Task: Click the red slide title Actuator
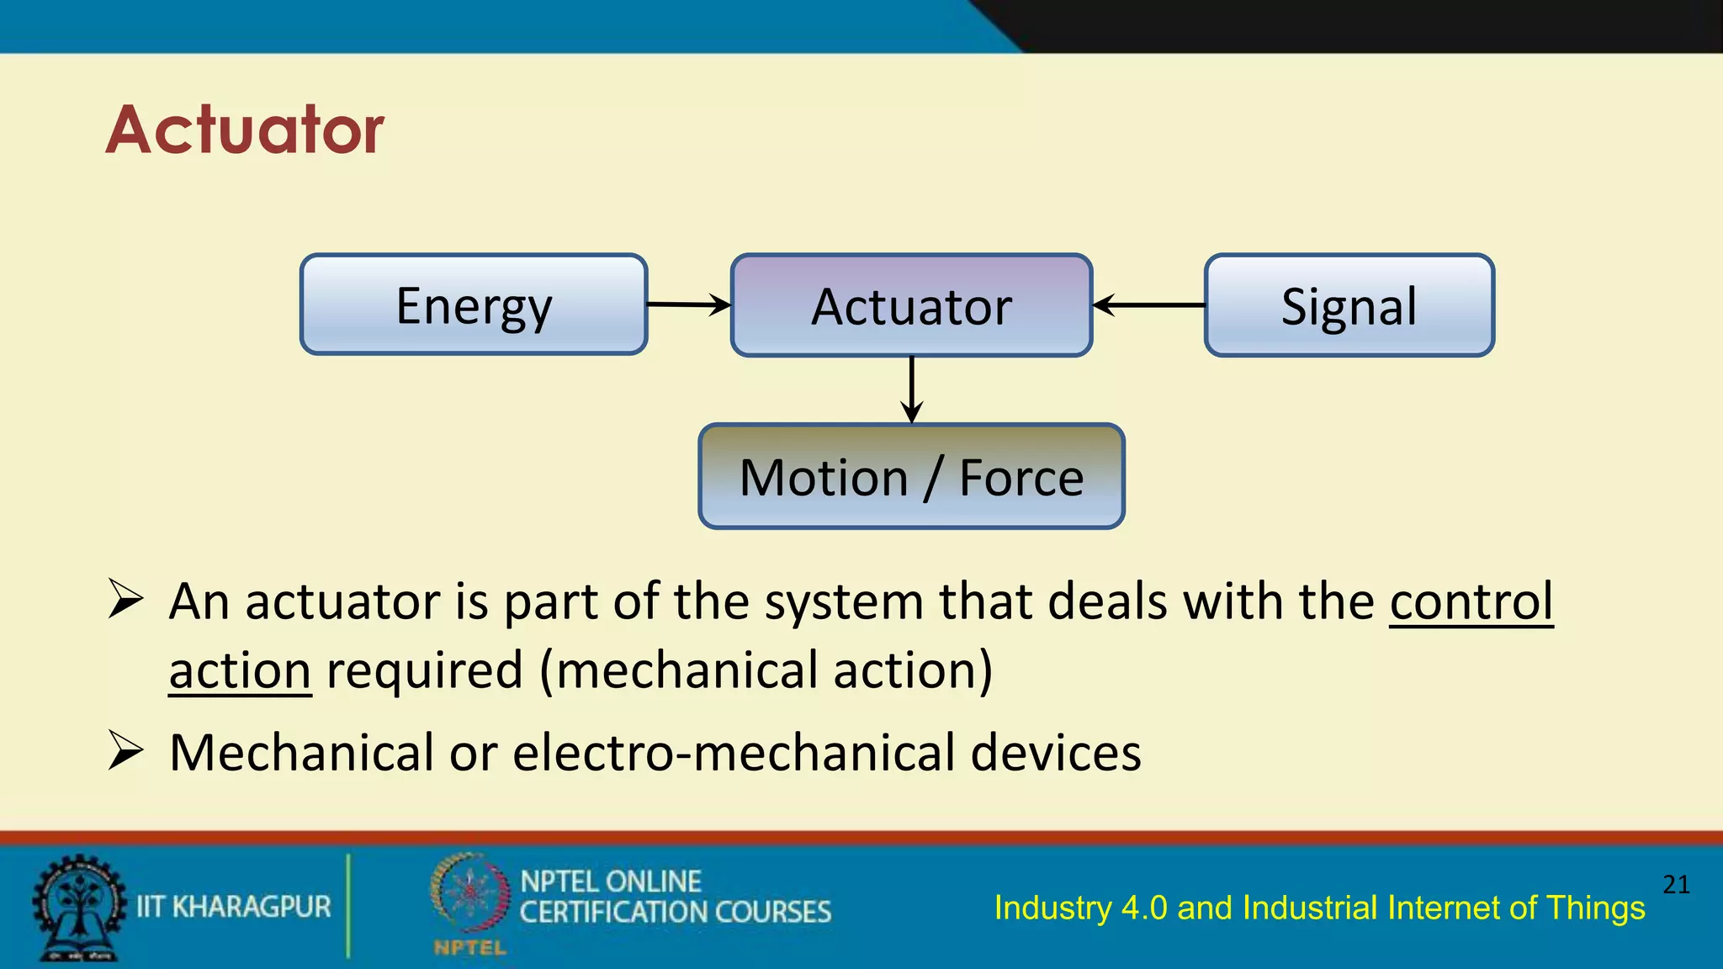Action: pyautogui.click(x=244, y=130)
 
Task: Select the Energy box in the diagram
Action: pyautogui.click(x=474, y=304)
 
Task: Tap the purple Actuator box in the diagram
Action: pyautogui.click(x=911, y=305)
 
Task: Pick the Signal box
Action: pyautogui.click(x=1349, y=305)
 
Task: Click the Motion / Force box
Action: pyautogui.click(x=911, y=477)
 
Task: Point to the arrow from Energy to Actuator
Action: pyautogui.click(x=688, y=304)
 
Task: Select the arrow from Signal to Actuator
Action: pyautogui.click(x=1149, y=305)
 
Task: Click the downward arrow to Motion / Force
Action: pyautogui.click(x=911, y=389)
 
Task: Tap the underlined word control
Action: pyautogui.click(x=1471, y=602)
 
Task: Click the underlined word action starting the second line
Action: pyautogui.click(x=240, y=671)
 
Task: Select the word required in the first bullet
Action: pyautogui.click(x=425, y=671)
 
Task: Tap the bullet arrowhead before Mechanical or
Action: pyautogui.click(x=126, y=750)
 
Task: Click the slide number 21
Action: pyautogui.click(x=1676, y=884)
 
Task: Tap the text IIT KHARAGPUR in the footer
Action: pyautogui.click(x=234, y=907)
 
